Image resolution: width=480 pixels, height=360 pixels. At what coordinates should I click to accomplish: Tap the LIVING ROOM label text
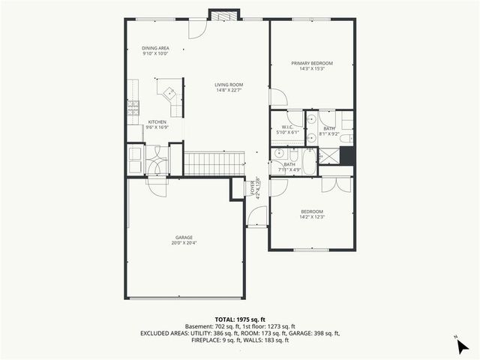click(229, 85)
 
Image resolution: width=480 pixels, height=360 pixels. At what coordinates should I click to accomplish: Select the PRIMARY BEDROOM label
click(312, 63)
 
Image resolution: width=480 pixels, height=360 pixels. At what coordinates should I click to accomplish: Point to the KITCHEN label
click(157, 122)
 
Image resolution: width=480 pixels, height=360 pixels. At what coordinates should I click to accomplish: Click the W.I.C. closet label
click(287, 127)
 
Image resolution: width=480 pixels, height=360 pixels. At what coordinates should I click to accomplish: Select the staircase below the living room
click(214, 163)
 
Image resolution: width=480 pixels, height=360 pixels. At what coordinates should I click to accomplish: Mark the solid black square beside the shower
click(347, 155)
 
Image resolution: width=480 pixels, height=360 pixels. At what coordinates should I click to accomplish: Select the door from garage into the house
click(158, 186)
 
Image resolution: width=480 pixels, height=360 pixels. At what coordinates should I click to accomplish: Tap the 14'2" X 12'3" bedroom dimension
click(311, 218)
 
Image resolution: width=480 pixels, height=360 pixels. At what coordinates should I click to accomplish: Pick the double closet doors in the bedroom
click(336, 184)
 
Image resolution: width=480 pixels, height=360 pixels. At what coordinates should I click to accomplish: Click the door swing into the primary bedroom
click(277, 97)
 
